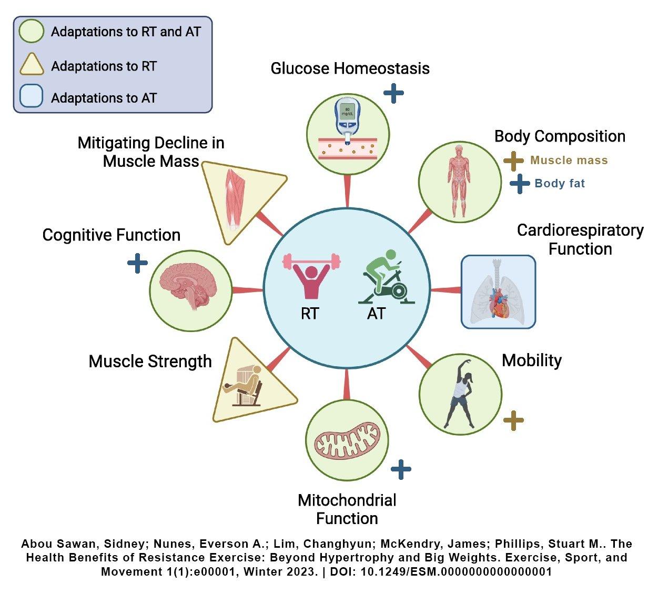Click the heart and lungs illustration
[498, 293]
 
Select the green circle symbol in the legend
[31, 31]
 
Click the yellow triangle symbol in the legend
[31, 65]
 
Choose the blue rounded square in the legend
[31, 97]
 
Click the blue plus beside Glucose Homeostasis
[393, 94]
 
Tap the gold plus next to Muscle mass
[513, 161]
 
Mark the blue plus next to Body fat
[520, 184]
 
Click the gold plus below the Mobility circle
[513, 420]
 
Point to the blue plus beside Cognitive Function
[137, 263]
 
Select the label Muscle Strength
[150, 361]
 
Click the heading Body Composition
[560, 136]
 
